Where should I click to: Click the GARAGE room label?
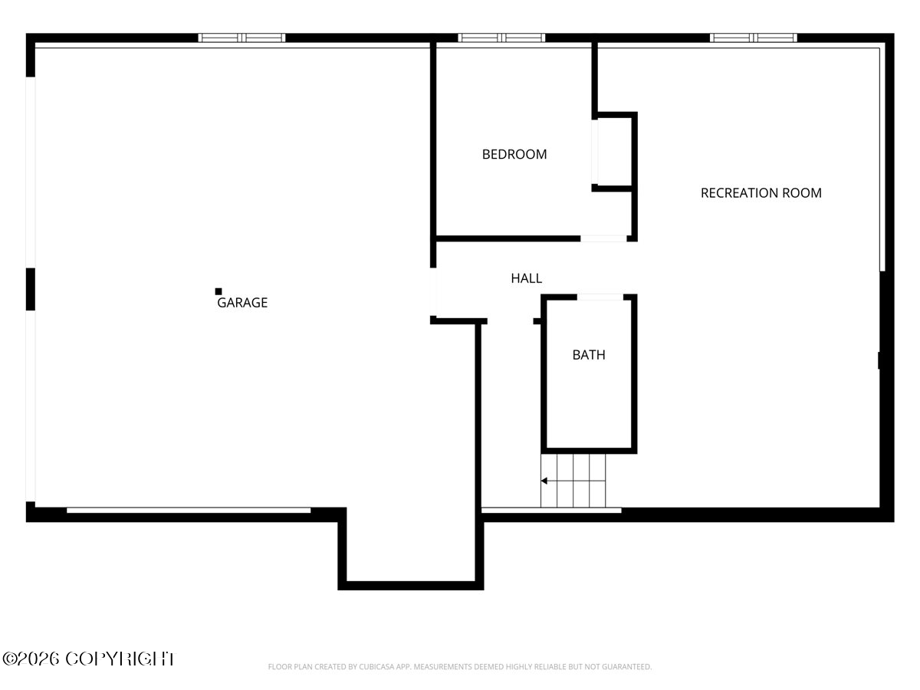coord(242,303)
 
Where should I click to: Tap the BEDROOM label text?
coord(514,154)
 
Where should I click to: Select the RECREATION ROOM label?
coord(761,192)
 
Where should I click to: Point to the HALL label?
coord(527,278)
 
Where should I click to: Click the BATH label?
coord(589,355)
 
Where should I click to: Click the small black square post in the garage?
coord(219,291)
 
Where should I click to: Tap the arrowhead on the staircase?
coord(544,481)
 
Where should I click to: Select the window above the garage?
coord(242,38)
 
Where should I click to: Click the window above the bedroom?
coord(501,38)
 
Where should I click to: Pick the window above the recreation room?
coord(753,38)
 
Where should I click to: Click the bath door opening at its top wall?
coord(600,297)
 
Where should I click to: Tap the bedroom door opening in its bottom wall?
coord(603,238)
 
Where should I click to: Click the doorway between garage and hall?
coord(433,291)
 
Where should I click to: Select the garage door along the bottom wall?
coord(189,510)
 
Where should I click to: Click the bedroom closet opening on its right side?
coord(595,152)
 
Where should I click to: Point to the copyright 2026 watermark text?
coord(88,659)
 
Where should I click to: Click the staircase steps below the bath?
coord(573,481)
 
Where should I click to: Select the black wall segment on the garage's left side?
coord(31,289)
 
